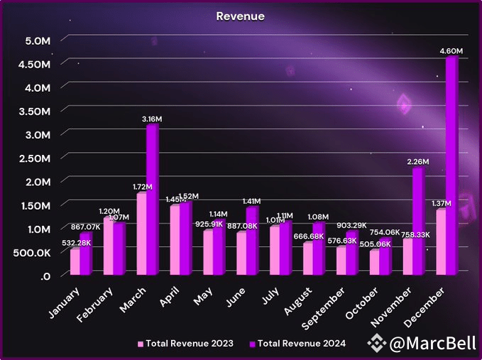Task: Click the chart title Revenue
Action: click(x=241, y=15)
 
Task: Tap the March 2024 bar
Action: click(x=152, y=199)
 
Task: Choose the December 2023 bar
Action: click(x=441, y=241)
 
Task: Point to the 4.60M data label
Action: click(x=451, y=50)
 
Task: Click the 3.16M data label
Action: click(x=151, y=119)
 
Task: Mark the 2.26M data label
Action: click(x=417, y=161)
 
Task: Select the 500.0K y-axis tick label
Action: click(x=30, y=252)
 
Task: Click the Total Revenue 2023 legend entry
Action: click(x=187, y=344)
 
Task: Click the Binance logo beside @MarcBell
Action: click(x=375, y=344)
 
